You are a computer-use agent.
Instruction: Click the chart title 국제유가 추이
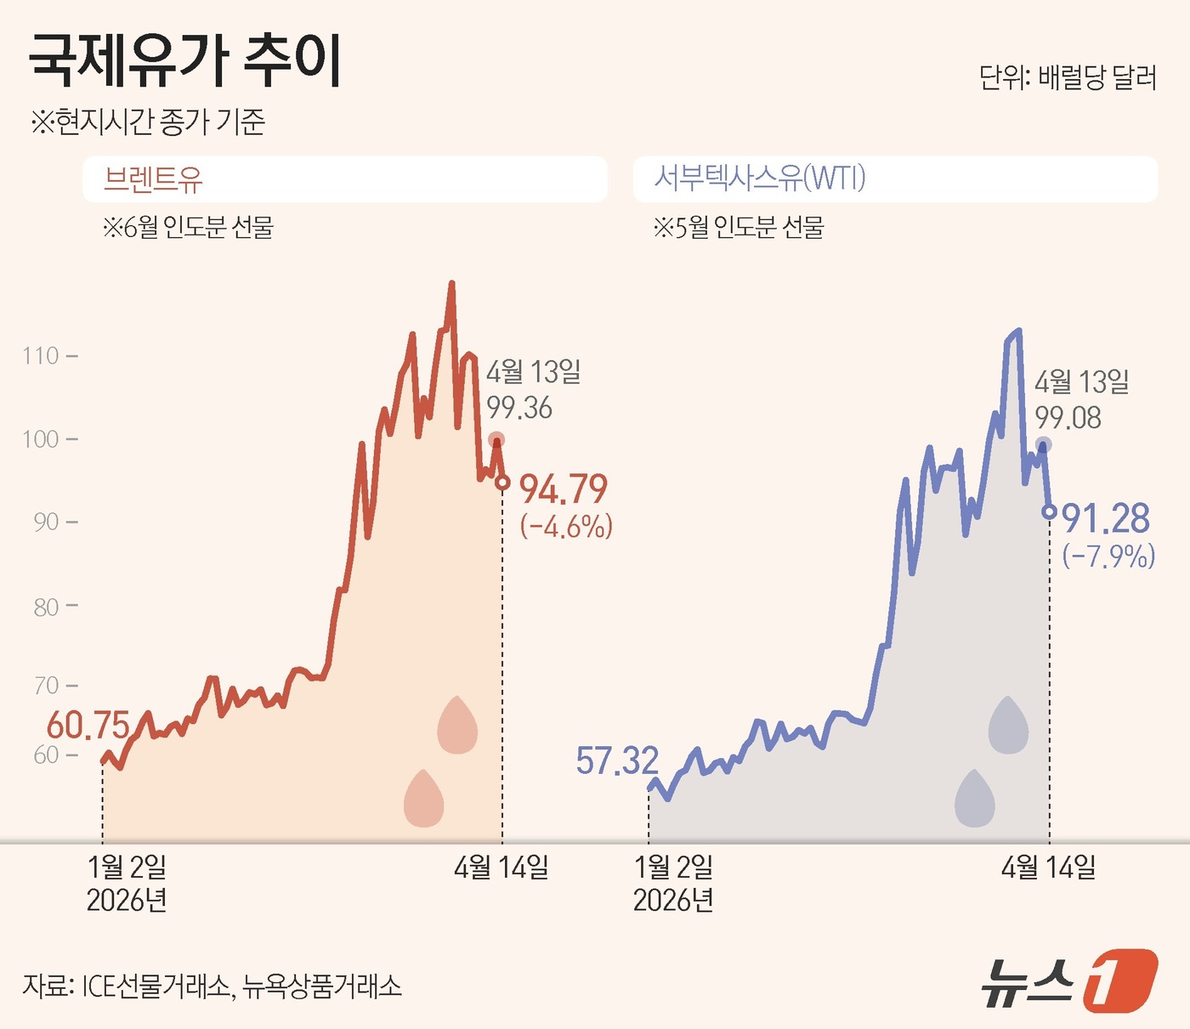pyautogui.click(x=185, y=61)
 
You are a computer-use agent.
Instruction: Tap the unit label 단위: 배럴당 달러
pyautogui.click(x=1068, y=77)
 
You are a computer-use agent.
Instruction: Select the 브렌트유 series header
pyautogui.click(x=154, y=178)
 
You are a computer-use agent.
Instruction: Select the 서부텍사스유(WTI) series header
pyautogui.click(x=759, y=178)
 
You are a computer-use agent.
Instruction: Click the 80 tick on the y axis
pyautogui.click(x=46, y=607)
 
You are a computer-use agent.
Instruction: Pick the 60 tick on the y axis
pyautogui.click(x=46, y=755)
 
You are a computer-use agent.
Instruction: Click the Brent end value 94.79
pyautogui.click(x=564, y=489)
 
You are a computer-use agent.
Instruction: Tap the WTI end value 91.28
pyautogui.click(x=1105, y=518)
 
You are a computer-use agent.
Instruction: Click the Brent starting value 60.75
pyautogui.click(x=88, y=725)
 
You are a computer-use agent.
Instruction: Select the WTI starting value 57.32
pyautogui.click(x=617, y=760)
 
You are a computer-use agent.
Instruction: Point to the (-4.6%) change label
pyautogui.click(x=566, y=527)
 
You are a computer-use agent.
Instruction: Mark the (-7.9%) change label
pyautogui.click(x=1108, y=557)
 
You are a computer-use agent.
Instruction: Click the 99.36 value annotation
pyautogui.click(x=519, y=408)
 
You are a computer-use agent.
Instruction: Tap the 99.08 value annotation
pyautogui.click(x=1068, y=418)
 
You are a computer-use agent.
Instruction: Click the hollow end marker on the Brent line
pyautogui.click(x=502, y=483)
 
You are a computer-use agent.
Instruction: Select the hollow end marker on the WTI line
pyautogui.click(x=1050, y=512)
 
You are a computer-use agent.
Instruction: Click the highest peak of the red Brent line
pyautogui.click(x=451, y=284)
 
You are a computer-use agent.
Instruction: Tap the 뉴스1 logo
pyautogui.click(x=1069, y=981)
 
